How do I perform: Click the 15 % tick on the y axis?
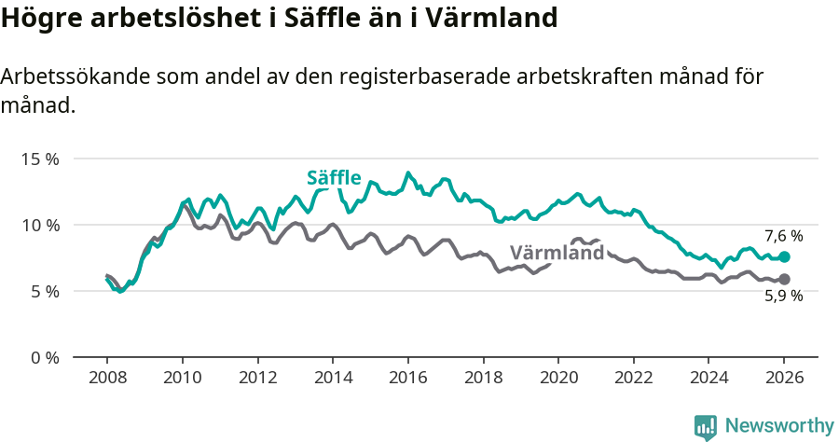click(39, 159)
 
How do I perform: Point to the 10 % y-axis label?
click(39, 225)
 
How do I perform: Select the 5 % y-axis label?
click(43, 291)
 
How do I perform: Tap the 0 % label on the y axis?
click(43, 357)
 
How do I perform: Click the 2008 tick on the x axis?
click(107, 379)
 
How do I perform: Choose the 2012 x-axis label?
click(257, 379)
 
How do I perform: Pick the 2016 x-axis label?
click(408, 379)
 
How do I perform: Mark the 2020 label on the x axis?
click(558, 379)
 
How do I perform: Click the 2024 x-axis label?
click(708, 379)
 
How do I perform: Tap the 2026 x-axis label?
click(784, 379)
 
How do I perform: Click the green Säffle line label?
click(334, 178)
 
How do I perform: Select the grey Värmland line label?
click(557, 253)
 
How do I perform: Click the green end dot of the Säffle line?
click(784, 256)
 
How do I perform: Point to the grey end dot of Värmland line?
click(784, 279)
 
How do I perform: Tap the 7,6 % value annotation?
click(783, 236)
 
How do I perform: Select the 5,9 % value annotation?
click(783, 297)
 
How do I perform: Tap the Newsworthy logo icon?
click(706, 426)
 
